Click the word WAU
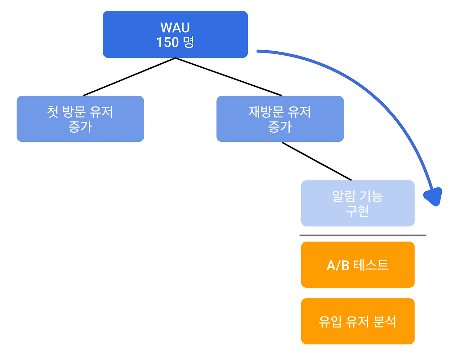click(175, 28)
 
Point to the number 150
click(167, 42)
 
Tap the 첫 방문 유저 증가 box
click(80, 119)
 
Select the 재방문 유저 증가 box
click(280, 119)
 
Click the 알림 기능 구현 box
click(357, 203)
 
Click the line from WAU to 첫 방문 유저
click(129, 77)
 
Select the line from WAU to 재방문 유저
click(229, 77)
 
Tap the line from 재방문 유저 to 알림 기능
click(317, 161)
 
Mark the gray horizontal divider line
click(362, 235)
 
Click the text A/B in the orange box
click(337, 266)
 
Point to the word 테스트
click(371, 265)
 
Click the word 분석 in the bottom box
click(385, 321)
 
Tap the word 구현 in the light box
click(357, 211)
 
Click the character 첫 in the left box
click(53, 112)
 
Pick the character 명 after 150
click(188, 42)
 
